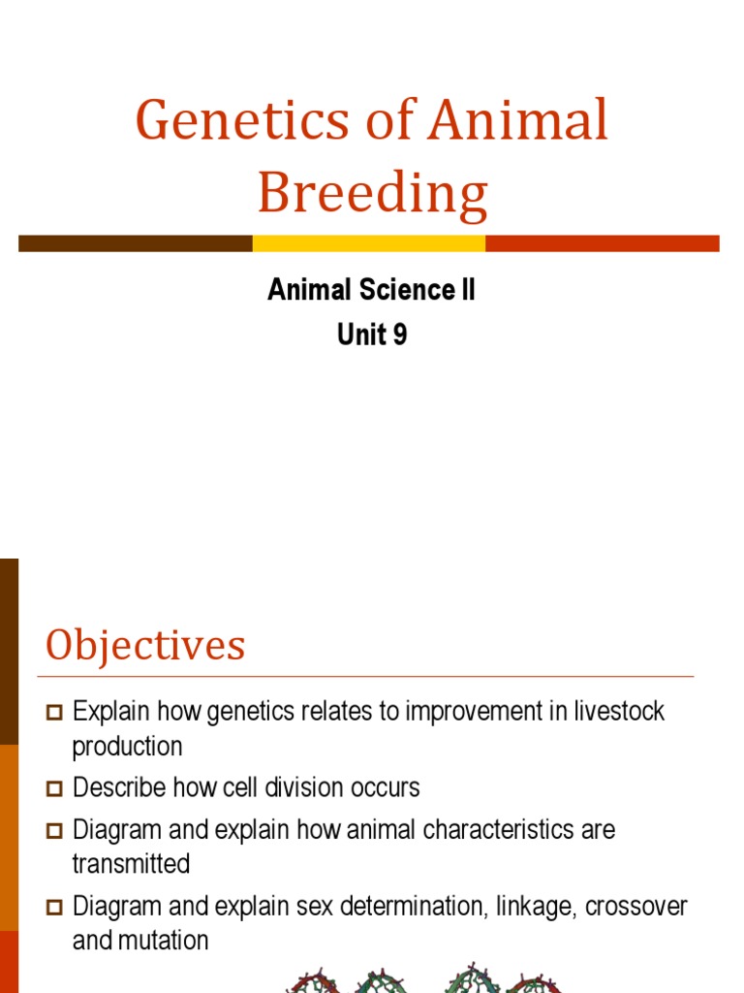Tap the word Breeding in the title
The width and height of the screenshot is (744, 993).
pos(372,193)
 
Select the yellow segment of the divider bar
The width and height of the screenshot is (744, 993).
pos(368,242)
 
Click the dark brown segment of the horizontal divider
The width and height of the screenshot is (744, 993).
pos(135,242)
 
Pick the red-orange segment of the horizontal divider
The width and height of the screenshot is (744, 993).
pos(602,242)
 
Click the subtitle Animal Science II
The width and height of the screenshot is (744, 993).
pos(372,290)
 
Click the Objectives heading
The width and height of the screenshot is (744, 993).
pos(145,645)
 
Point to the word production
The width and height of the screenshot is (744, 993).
pos(127,747)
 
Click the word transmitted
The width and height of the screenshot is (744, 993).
pos(131,864)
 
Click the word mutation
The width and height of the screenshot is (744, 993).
pos(164,941)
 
